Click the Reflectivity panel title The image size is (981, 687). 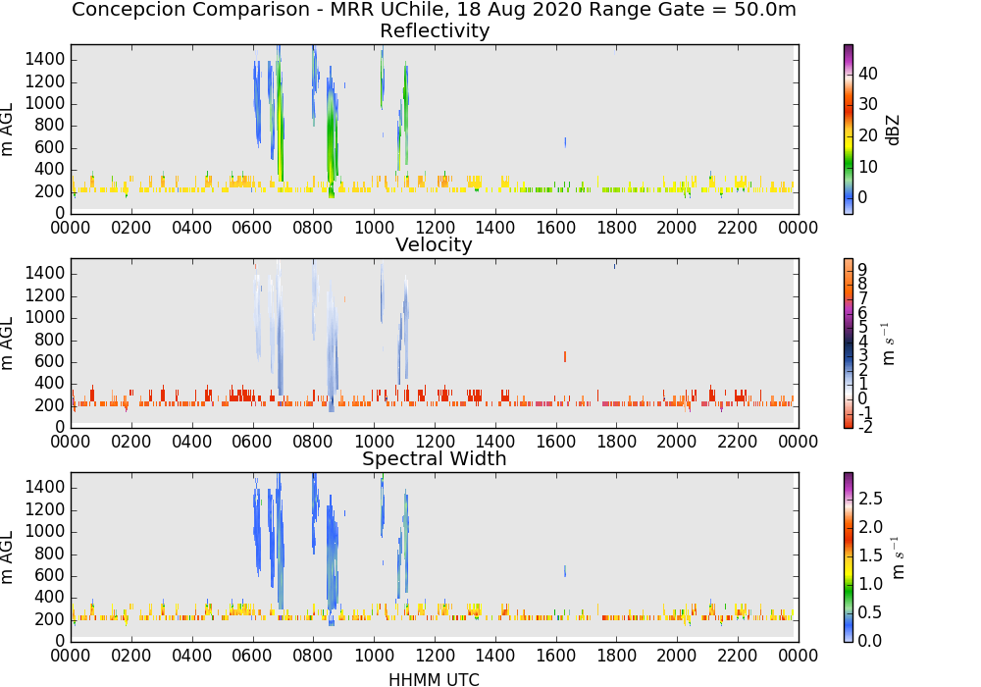pyautogui.click(x=435, y=30)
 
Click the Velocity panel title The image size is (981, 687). pyautogui.click(x=434, y=244)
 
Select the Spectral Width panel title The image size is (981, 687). pyautogui.click(x=435, y=458)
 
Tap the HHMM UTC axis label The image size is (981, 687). pyautogui.click(x=435, y=679)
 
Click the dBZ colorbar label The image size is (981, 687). pyautogui.click(x=894, y=131)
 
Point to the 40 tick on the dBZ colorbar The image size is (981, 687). pyautogui.click(x=868, y=74)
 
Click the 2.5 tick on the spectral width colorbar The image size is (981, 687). pyautogui.click(x=870, y=499)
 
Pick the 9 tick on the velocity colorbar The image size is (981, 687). pyautogui.click(x=862, y=270)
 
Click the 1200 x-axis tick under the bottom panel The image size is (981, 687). pyautogui.click(x=435, y=655)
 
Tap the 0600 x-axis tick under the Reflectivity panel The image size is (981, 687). pyautogui.click(x=252, y=227)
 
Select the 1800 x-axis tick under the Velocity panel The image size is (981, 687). pyautogui.click(x=616, y=441)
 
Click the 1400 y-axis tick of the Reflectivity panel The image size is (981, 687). pyautogui.click(x=44, y=60)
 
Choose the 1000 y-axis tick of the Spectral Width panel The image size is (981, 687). pyautogui.click(x=44, y=532)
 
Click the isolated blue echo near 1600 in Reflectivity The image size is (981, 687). pyautogui.click(x=565, y=142)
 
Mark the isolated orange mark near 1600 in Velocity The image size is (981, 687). pyautogui.click(x=565, y=356)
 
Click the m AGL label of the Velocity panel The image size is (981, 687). pyautogui.click(x=7, y=343)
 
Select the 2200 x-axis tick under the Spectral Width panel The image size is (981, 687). pyautogui.click(x=738, y=655)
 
